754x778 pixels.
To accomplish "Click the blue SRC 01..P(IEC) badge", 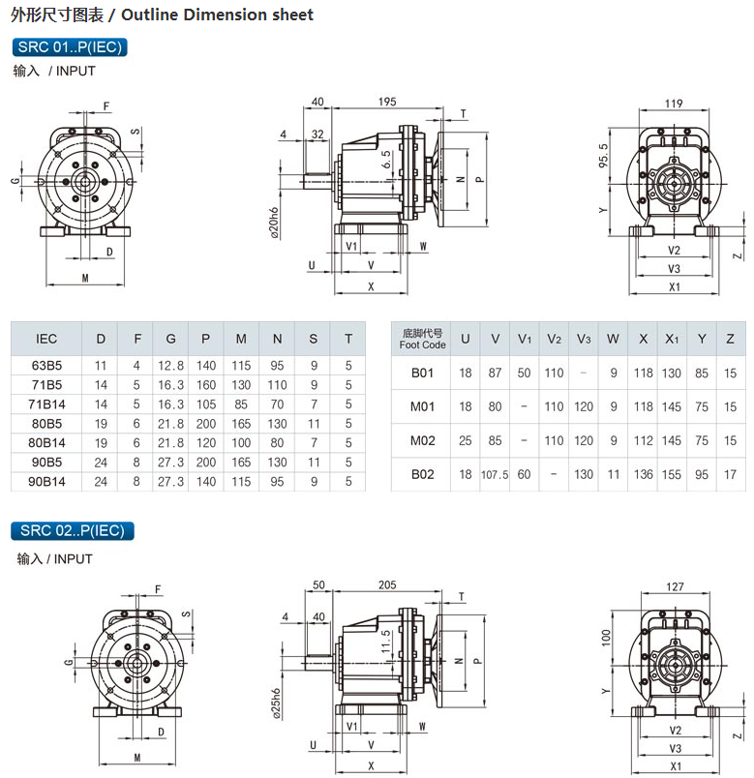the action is [x=70, y=47].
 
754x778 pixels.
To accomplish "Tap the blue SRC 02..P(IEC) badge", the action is [x=73, y=530].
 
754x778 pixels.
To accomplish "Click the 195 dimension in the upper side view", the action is [x=387, y=102].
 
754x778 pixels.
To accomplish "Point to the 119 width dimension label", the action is [x=674, y=104].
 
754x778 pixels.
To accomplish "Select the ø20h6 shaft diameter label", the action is [x=274, y=223].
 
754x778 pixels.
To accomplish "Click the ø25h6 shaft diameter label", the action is [x=277, y=704].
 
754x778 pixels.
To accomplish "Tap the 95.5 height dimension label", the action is [x=603, y=156].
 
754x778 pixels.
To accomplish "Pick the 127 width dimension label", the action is [x=675, y=586].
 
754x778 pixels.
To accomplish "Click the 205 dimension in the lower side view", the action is [x=387, y=585].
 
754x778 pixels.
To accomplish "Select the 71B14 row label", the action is [x=46, y=404].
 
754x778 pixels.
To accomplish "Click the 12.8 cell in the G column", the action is [x=170, y=366].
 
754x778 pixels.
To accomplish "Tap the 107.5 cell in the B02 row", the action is [x=495, y=475].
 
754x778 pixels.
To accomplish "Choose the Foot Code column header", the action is [x=422, y=339].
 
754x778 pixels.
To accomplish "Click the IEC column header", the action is [x=46, y=339].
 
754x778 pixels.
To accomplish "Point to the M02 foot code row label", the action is [x=422, y=440].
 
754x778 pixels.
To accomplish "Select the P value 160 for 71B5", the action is [x=205, y=385].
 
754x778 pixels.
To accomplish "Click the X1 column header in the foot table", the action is [x=672, y=339].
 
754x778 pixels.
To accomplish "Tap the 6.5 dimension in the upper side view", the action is [x=387, y=160].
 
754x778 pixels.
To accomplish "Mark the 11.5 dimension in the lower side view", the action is [x=386, y=642].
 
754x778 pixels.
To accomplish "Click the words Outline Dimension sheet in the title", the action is [x=218, y=15].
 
